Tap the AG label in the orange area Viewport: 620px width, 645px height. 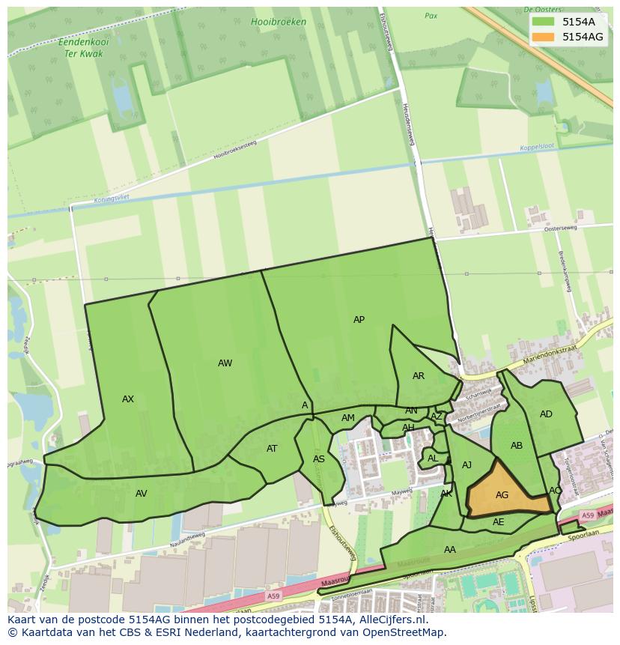click(x=502, y=495)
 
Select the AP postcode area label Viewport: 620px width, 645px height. click(x=359, y=320)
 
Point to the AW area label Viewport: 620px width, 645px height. click(x=225, y=363)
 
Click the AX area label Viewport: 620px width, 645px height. click(x=128, y=399)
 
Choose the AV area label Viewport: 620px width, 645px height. click(x=141, y=494)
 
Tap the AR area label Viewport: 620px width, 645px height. click(x=419, y=376)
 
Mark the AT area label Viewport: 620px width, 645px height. click(x=272, y=449)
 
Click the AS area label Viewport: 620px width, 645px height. click(x=319, y=459)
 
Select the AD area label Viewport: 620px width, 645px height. click(x=546, y=414)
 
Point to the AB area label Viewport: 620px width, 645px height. click(x=517, y=446)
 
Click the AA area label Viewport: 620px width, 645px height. click(x=449, y=550)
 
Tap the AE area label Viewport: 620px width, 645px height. click(x=498, y=522)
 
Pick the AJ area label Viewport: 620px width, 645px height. click(x=466, y=465)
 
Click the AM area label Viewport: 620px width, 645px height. click(x=348, y=418)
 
